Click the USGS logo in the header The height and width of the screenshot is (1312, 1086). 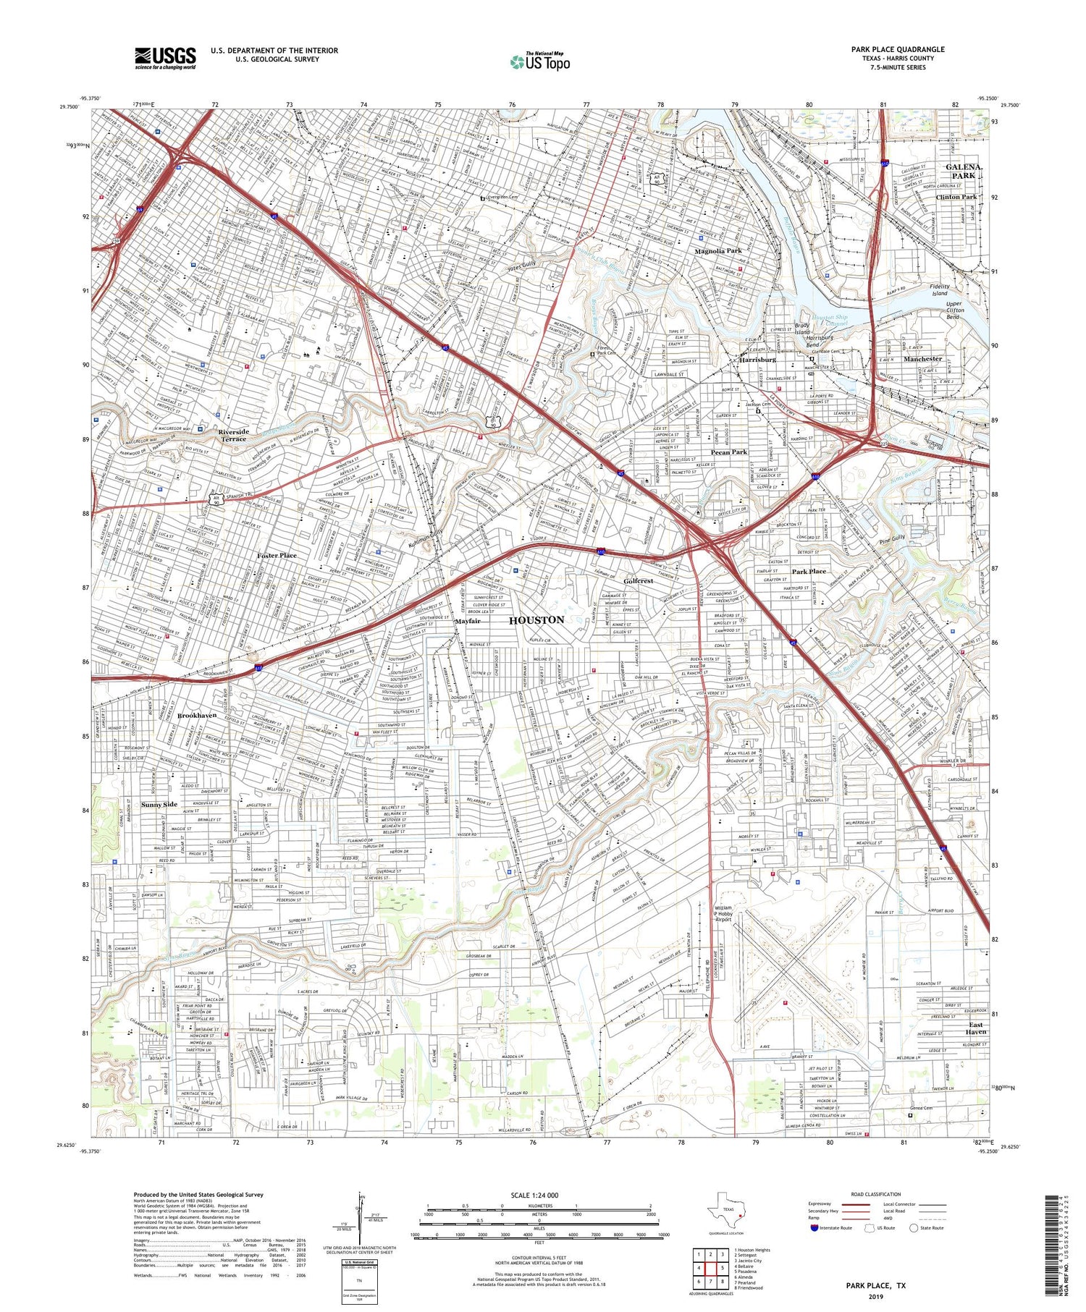pyautogui.click(x=165, y=58)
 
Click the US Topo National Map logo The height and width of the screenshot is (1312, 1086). pyautogui.click(x=539, y=62)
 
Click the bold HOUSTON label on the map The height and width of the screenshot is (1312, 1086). pyautogui.click(x=536, y=620)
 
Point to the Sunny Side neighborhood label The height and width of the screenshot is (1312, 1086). pyautogui.click(x=159, y=805)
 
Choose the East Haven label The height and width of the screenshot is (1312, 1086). pyautogui.click(x=975, y=1028)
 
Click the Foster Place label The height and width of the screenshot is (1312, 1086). pyautogui.click(x=277, y=555)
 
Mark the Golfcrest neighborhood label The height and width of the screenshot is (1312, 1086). pyautogui.click(x=639, y=581)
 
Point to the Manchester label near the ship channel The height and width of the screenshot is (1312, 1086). pyautogui.click(x=922, y=358)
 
